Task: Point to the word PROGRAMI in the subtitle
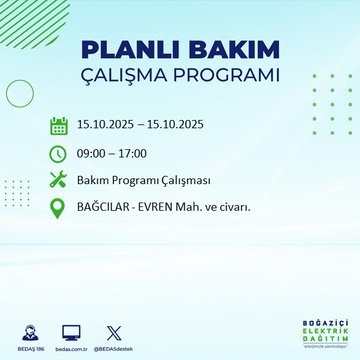(228, 76)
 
